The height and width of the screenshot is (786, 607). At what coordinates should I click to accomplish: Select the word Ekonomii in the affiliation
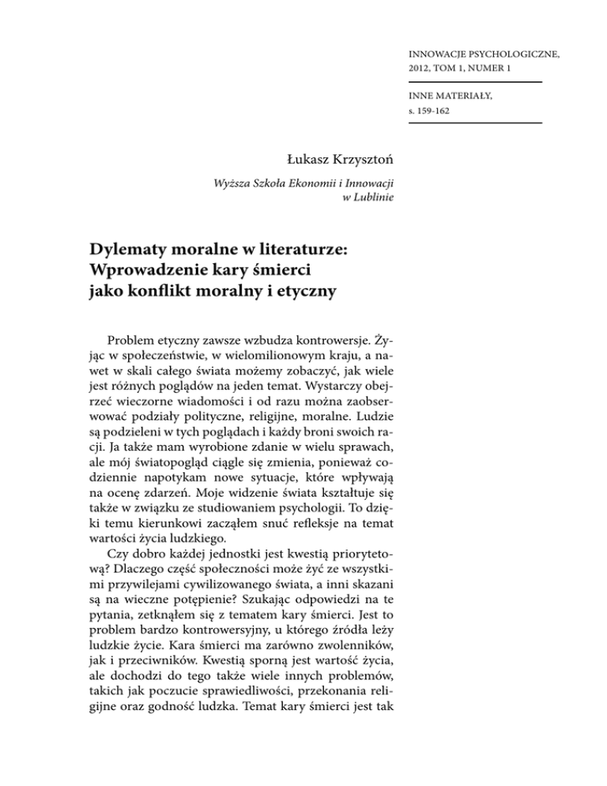pos(288,183)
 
